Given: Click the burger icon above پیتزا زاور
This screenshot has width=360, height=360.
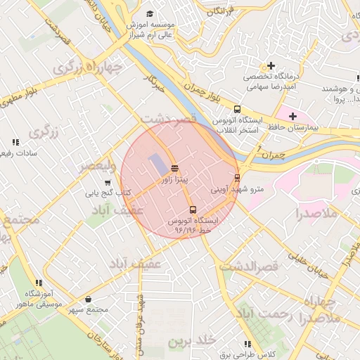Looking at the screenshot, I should click(174, 168).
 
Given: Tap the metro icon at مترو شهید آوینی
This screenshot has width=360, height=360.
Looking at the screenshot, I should click(237, 177).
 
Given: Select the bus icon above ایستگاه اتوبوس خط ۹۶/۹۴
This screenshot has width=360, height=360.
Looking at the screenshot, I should click(193, 210).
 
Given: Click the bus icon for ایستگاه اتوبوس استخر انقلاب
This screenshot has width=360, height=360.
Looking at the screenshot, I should click(237, 109).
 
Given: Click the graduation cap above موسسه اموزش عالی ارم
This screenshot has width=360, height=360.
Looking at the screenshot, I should click(149, 13).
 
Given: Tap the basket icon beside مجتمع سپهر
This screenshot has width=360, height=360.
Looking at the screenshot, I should click(88, 300).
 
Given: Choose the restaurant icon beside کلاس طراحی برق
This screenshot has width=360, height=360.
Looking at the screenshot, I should click(247, 344).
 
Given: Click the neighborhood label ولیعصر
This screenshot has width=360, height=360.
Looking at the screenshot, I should click(97, 167).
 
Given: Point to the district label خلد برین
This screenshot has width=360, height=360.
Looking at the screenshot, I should click(190, 341).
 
